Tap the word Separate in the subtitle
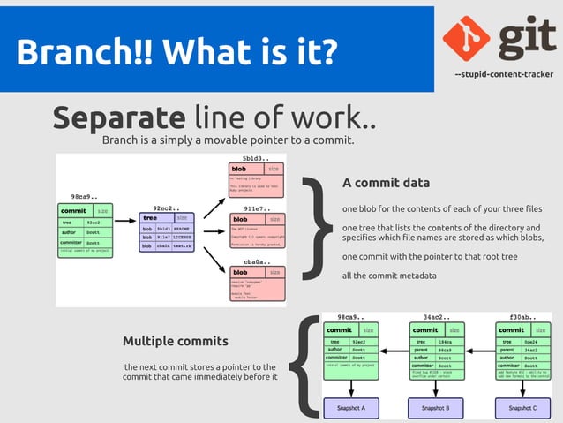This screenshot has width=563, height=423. tap(118, 117)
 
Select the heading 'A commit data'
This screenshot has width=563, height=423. tap(386, 184)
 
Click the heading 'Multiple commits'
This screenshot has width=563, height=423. tap(176, 341)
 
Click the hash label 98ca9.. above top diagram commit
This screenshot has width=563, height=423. tap(86, 196)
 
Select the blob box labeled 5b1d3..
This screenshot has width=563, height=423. tap(257, 180)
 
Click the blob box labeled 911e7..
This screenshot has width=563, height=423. tap(257, 232)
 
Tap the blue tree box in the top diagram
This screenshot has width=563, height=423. tap(166, 231)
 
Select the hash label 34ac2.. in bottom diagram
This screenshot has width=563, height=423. tap(436, 316)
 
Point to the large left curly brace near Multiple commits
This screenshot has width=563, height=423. tap(304, 365)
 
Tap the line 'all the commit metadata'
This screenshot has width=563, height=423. tap(389, 276)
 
